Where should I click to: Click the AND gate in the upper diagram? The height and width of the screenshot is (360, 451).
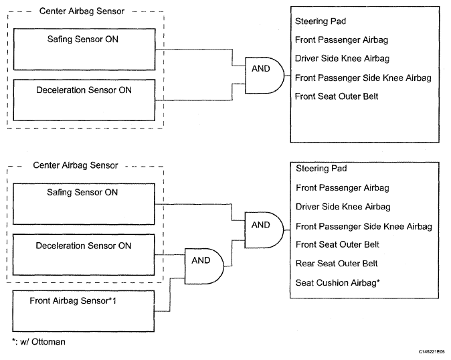click(x=264, y=76)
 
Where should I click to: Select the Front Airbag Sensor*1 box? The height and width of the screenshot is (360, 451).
click(x=84, y=311)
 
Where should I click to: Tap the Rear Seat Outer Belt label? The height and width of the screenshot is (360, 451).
click(x=337, y=264)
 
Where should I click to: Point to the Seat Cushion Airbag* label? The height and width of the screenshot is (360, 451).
click(x=338, y=283)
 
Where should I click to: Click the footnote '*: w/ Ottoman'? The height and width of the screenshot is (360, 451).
click(x=39, y=342)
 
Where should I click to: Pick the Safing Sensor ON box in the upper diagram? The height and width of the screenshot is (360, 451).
click(x=84, y=49)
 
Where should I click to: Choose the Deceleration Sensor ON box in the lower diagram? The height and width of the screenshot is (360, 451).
click(x=84, y=255)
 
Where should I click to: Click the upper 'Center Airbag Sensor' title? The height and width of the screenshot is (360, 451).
click(x=82, y=11)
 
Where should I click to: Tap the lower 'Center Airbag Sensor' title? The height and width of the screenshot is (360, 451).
click(x=76, y=165)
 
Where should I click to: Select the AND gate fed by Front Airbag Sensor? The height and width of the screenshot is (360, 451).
click(x=204, y=266)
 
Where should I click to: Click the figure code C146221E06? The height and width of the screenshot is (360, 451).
click(x=432, y=352)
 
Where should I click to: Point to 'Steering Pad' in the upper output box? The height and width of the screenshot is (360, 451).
click(x=321, y=21)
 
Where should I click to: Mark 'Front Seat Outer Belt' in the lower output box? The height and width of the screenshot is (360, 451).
click(x=337, y=244)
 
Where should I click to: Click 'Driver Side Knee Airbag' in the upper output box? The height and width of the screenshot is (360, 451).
click(x=343, y=58)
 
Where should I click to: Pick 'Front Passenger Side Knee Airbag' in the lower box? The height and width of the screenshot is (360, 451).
click(x=364, y=227)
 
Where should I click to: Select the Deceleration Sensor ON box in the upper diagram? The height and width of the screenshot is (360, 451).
click(x=84, y=100)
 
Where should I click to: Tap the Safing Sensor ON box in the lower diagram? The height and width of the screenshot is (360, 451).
click(x=84, y=204)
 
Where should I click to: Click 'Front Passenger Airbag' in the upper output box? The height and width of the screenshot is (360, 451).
click(x=341, y=39)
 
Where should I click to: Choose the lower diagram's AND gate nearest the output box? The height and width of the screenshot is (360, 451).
click(x=264, y=230)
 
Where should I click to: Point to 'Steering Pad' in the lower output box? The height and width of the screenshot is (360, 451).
click(x=321, y=169)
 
